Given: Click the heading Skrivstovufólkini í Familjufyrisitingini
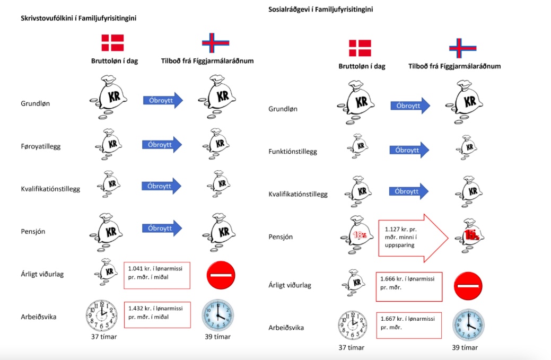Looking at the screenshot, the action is (78, 18).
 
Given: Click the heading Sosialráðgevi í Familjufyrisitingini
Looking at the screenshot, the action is (320, 10).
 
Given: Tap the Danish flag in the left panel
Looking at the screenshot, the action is (112, 43).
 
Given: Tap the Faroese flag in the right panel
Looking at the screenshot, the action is (463, 48).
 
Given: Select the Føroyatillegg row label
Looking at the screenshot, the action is (41, 146).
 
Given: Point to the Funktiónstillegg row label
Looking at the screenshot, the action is (293, 152).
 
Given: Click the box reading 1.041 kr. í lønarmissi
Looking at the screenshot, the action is (157, 275).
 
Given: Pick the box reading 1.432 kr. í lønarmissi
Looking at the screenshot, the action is (157, 315).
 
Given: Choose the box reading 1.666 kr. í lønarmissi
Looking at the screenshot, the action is (409, 287).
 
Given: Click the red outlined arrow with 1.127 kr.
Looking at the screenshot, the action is (413, 238).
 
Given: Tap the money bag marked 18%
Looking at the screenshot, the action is (357, 235).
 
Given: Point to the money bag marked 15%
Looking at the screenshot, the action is (469, 235).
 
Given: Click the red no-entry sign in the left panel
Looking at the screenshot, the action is (221, 275).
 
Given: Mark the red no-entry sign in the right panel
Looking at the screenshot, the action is (468, 286).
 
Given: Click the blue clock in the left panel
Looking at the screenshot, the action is (218, 315).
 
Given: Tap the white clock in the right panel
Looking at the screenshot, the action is (353, 325).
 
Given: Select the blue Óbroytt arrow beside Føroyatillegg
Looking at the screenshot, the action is (162, 145).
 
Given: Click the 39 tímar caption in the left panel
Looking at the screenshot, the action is (217, 337).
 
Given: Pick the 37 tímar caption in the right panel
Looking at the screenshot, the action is (352, 348).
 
